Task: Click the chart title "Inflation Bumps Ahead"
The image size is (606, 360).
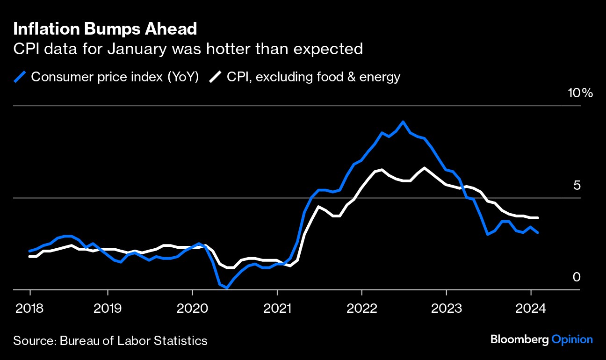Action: pos(105,29)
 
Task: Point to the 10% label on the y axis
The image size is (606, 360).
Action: pos(580,93)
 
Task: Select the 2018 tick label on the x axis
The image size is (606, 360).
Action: pos(30,309)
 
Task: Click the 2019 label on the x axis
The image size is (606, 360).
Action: pos(108,309)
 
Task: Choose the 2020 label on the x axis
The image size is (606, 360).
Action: pos(192,309)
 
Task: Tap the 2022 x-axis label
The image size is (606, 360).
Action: pos(361,309)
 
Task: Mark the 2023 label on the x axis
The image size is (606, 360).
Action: pos(446,309)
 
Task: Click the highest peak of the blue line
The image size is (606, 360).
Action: pos(403,122)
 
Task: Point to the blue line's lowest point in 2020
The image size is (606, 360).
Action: pos(227,288)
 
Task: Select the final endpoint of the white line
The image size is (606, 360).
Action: pos(538,218)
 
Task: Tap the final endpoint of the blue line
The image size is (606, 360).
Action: pos(538,232)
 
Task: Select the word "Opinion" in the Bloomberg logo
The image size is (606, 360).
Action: pos(572,339)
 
